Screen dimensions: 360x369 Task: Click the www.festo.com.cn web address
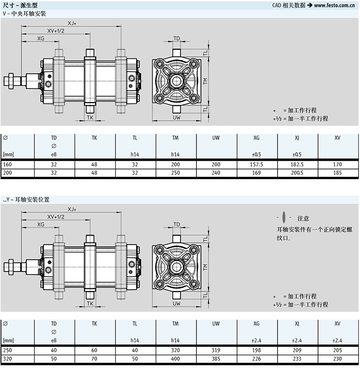coord(334,5)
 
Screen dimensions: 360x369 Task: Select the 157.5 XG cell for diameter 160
coord(257,164)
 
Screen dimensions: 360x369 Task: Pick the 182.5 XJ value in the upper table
coord(297,164)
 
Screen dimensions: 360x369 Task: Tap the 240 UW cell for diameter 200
coord(216,173)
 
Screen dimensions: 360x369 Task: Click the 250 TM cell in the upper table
coord(175,173)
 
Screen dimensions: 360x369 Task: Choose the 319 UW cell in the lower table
coord(216,350)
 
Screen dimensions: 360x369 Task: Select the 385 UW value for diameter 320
coord(216,359)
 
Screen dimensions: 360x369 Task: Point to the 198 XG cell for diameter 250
coord(257,350)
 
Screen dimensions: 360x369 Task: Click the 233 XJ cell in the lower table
coord(297,359)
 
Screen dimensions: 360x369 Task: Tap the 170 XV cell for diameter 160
coord(337,164)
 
